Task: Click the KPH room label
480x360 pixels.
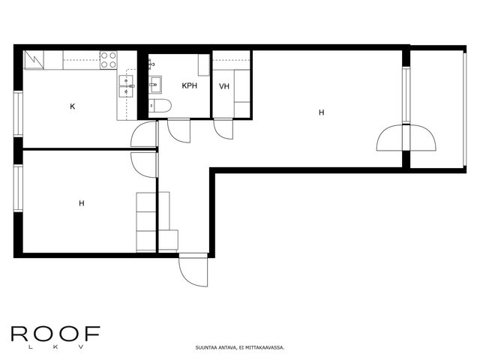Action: (190, 85)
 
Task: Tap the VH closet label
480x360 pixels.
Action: (224, 87)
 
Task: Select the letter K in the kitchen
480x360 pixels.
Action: (73, 106)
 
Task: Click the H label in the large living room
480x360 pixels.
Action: (322, 112)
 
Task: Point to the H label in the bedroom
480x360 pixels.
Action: (82, 203)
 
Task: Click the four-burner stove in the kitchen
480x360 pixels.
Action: (109, 60)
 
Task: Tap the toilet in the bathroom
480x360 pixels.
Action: (160, 106)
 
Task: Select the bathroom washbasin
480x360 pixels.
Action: (155, 84)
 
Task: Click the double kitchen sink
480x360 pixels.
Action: (127, 86)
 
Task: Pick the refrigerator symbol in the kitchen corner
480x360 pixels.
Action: (34, 60)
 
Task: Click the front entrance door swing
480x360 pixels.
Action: (193, 270)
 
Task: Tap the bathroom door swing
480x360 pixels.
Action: (179, 131)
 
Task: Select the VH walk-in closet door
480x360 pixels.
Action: (223, 129)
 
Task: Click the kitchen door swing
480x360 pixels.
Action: (144, 133)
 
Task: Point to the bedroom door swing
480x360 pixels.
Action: (144, 165)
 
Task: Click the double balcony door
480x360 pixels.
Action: (406, 138)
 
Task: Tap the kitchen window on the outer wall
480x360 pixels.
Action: (18, 114)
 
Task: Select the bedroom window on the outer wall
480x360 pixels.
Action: (18, 188)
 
